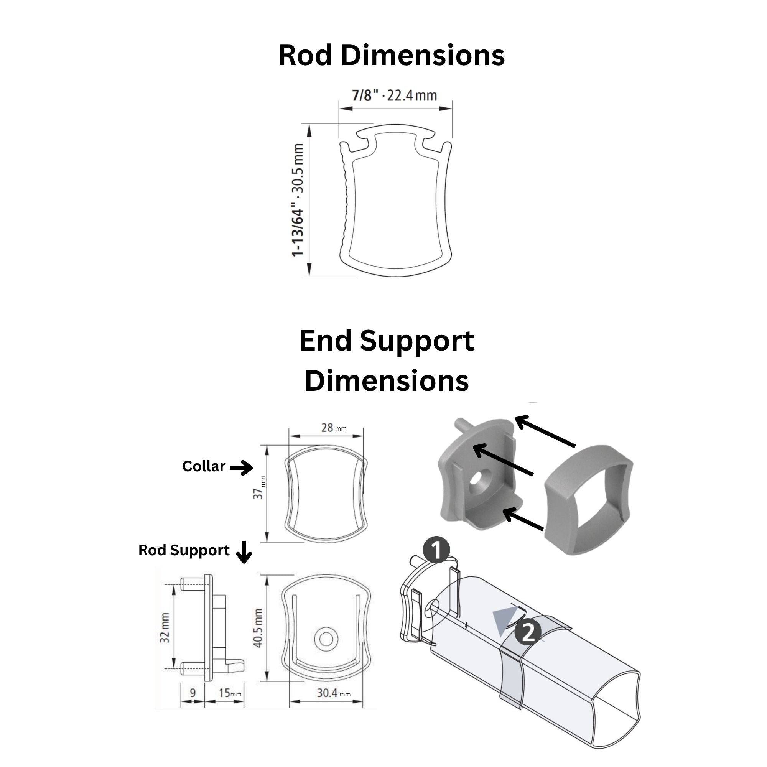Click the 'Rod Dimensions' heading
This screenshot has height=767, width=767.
392,55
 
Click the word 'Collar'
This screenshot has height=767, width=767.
204,466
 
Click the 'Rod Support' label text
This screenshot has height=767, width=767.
184,550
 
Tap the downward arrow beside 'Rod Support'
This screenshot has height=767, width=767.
244,552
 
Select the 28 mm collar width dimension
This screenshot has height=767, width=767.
334,428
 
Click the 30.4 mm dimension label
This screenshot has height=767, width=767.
334,693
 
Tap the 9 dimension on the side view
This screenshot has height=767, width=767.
193,693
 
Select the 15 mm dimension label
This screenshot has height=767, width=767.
230,693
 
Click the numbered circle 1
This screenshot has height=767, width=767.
436,550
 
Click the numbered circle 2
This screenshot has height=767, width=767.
528,632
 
